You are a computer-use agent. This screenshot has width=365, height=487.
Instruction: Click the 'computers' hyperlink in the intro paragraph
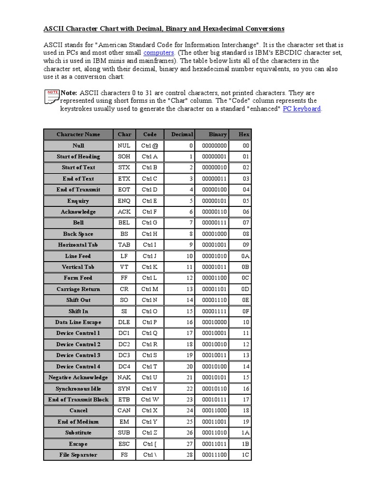159,53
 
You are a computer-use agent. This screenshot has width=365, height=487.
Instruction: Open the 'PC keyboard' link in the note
302,109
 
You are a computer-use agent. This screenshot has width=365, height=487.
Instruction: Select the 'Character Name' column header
78,135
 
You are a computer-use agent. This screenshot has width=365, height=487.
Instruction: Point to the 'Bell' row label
78,223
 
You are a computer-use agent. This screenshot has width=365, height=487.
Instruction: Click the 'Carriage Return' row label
78,289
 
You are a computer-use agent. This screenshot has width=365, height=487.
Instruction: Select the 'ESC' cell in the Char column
124,444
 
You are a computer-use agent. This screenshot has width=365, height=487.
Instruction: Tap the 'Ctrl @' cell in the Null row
150,146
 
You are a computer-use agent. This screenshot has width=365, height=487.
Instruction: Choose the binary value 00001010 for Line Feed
214,256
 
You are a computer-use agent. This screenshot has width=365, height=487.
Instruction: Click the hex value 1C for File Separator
245,455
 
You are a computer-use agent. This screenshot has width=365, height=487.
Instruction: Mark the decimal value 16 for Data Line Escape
190,322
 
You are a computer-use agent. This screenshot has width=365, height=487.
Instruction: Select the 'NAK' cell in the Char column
124,378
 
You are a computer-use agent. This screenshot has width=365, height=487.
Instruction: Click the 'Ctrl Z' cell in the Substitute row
150,433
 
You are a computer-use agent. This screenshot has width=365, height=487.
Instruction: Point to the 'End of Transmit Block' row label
78,399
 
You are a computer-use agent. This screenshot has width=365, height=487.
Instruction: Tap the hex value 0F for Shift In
245,311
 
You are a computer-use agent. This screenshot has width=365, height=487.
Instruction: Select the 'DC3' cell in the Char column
124,355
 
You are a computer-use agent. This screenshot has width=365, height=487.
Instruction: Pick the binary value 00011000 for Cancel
214,410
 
